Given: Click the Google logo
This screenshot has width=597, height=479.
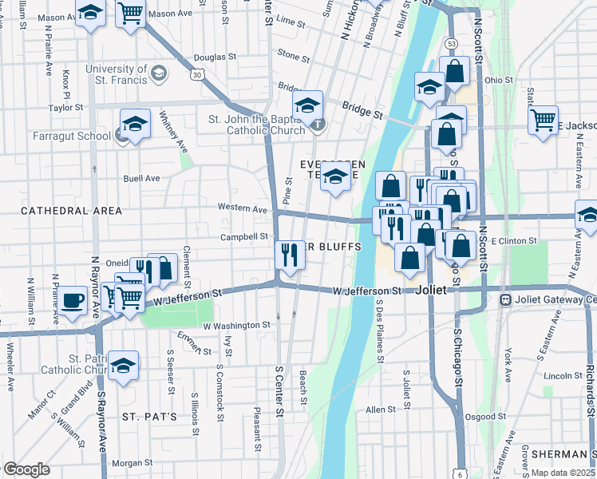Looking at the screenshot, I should [x=26, y=469].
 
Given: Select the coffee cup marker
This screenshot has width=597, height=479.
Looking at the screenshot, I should [x=73, y=301].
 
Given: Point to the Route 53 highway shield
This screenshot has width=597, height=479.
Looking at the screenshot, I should [x=452, y=42].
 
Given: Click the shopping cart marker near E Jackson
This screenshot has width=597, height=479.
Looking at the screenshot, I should [x=544, y=121].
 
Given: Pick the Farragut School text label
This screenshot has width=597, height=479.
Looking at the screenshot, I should [x=72, y=136].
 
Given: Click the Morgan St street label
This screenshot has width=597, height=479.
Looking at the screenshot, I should [x=132, y=463].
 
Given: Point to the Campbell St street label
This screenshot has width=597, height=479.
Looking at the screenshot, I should [x=244, y=237].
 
